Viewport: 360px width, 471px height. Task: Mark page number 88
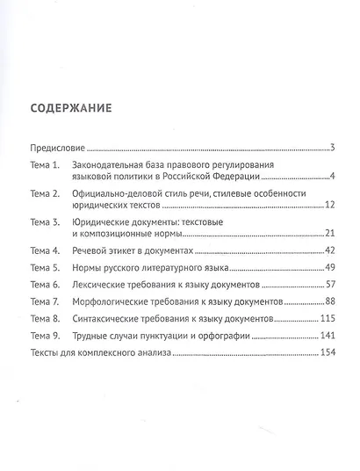[x=320, y=303]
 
